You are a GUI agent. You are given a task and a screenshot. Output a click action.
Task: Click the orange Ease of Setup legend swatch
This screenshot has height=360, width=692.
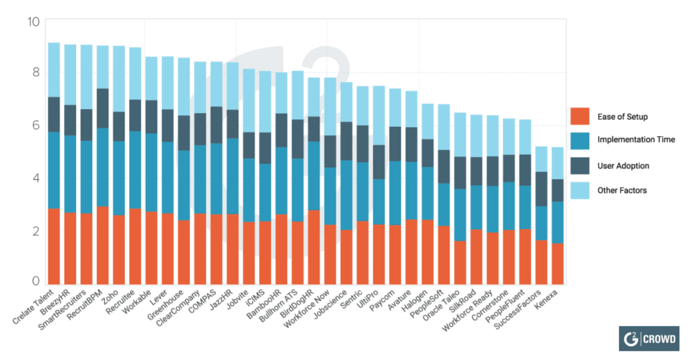pyautogui.click(x=580, y=117)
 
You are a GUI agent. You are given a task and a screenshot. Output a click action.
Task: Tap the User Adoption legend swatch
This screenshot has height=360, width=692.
pyautogui.click(x=580, y=166)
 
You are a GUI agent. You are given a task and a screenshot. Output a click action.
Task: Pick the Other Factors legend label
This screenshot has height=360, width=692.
pyautogui.click(x=622, y=190)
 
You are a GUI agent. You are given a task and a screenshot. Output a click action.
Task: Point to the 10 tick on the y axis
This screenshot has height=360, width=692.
pyautogui.click(x=33, y=21)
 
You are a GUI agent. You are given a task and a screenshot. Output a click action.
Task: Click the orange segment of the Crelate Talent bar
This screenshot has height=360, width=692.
pyautogui.click(x=54, y=246)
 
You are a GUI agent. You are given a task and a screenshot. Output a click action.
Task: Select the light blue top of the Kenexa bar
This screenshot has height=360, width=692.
pyautogui.click(x=557, y=163)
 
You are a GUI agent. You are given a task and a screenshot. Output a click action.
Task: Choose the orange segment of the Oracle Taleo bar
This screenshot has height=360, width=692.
pyautogui.click(x=460, y=262)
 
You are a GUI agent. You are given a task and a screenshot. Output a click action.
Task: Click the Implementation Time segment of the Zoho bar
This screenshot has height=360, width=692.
pyautogui.click(x=119, y=178)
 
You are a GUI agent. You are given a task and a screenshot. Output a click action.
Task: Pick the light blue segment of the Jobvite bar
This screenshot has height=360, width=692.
pyautogui.click(x=249, y=100)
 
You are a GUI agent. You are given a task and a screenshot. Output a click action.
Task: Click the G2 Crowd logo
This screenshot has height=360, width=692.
pyautogui.click(x=648, y=339)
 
